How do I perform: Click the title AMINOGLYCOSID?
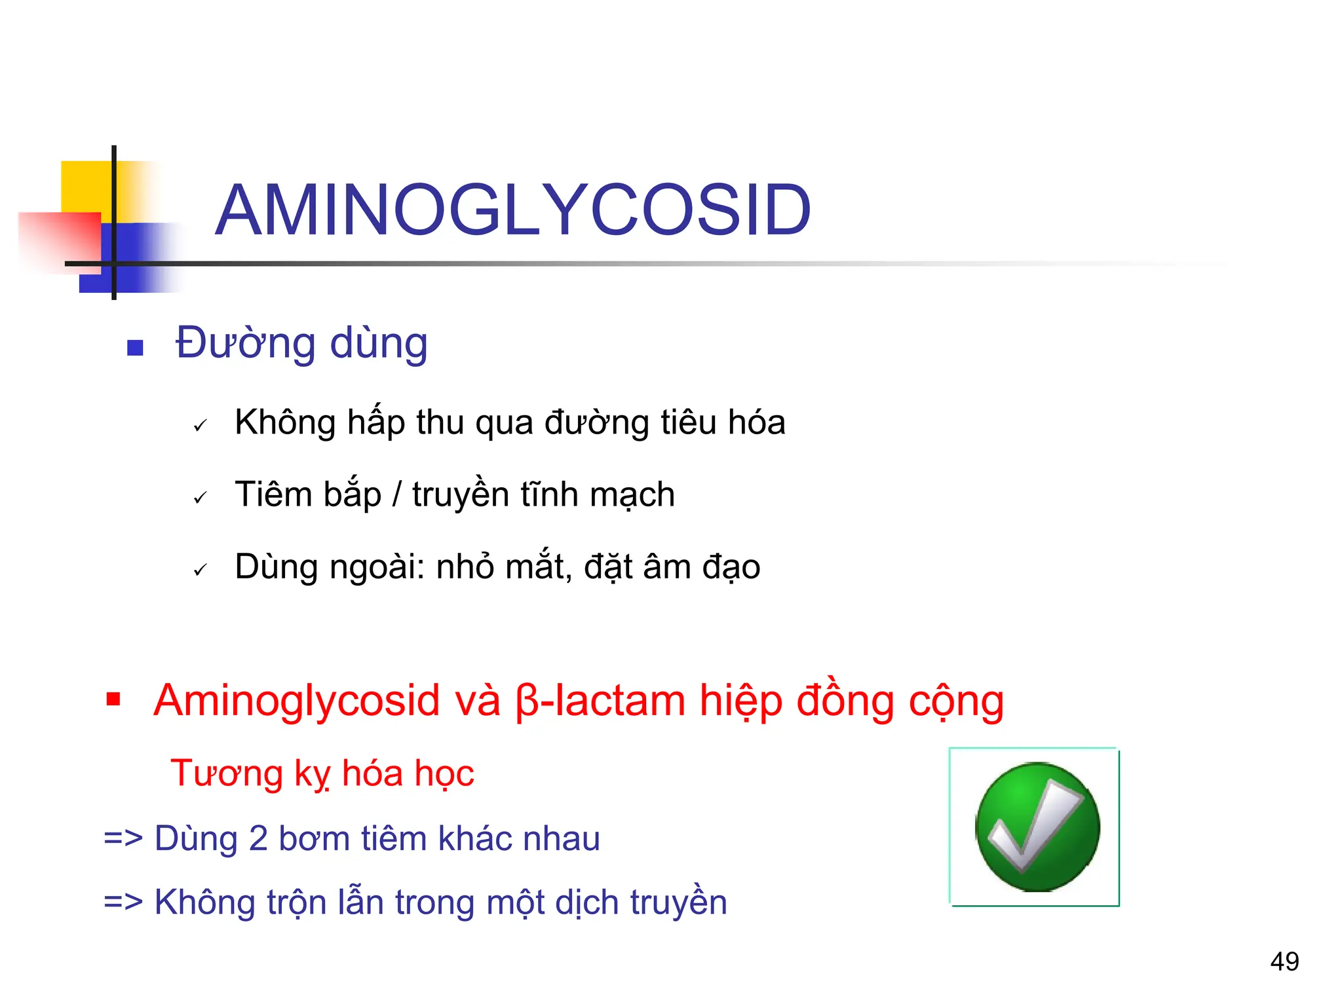tap(513, 210)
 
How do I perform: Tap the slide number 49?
tap(1284, 961)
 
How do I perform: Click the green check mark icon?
tap(1037, 827)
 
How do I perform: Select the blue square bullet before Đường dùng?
tap(135, 347)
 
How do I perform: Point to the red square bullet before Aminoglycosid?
tap(113, 699)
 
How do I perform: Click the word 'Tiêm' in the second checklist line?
tap(273, 494)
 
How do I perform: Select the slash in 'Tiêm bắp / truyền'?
tap(396, 495)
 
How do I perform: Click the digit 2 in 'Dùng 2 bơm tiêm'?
tap(258, 839)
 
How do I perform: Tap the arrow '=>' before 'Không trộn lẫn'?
tap(123, 903)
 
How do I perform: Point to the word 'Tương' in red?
tap(226, 773)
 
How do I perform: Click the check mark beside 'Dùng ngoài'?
tap(200, 570)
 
